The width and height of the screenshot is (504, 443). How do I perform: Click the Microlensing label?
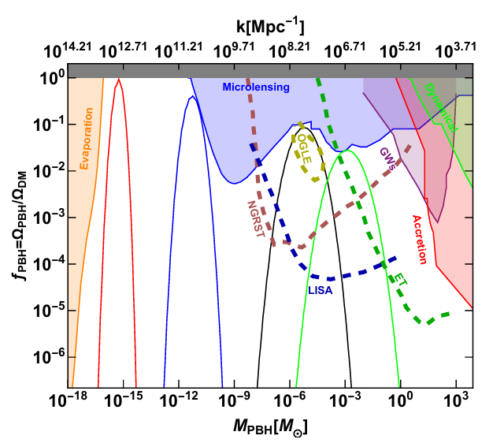tap(257, 87)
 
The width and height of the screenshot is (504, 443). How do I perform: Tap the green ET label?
tap(400, 278)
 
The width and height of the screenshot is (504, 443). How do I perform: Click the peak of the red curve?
tap(118, 80)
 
